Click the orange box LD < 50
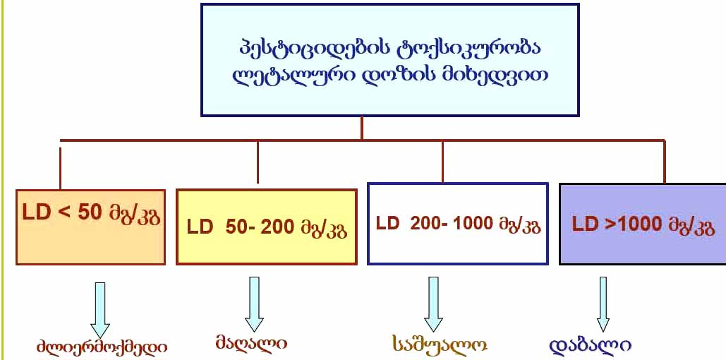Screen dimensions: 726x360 (91, 227)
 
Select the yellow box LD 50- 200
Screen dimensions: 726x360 (267, 227)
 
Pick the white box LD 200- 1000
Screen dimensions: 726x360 (458, 224)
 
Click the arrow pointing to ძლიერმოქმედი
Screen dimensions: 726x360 (100, 311)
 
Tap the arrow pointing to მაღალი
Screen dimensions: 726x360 (254, 304)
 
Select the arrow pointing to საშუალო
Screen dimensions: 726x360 (433, 304)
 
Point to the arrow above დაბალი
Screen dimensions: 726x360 (603, 304)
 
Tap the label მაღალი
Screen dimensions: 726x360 (251, 344)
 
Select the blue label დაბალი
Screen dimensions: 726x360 (591, 345)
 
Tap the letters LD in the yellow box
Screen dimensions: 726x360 (200, 227)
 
